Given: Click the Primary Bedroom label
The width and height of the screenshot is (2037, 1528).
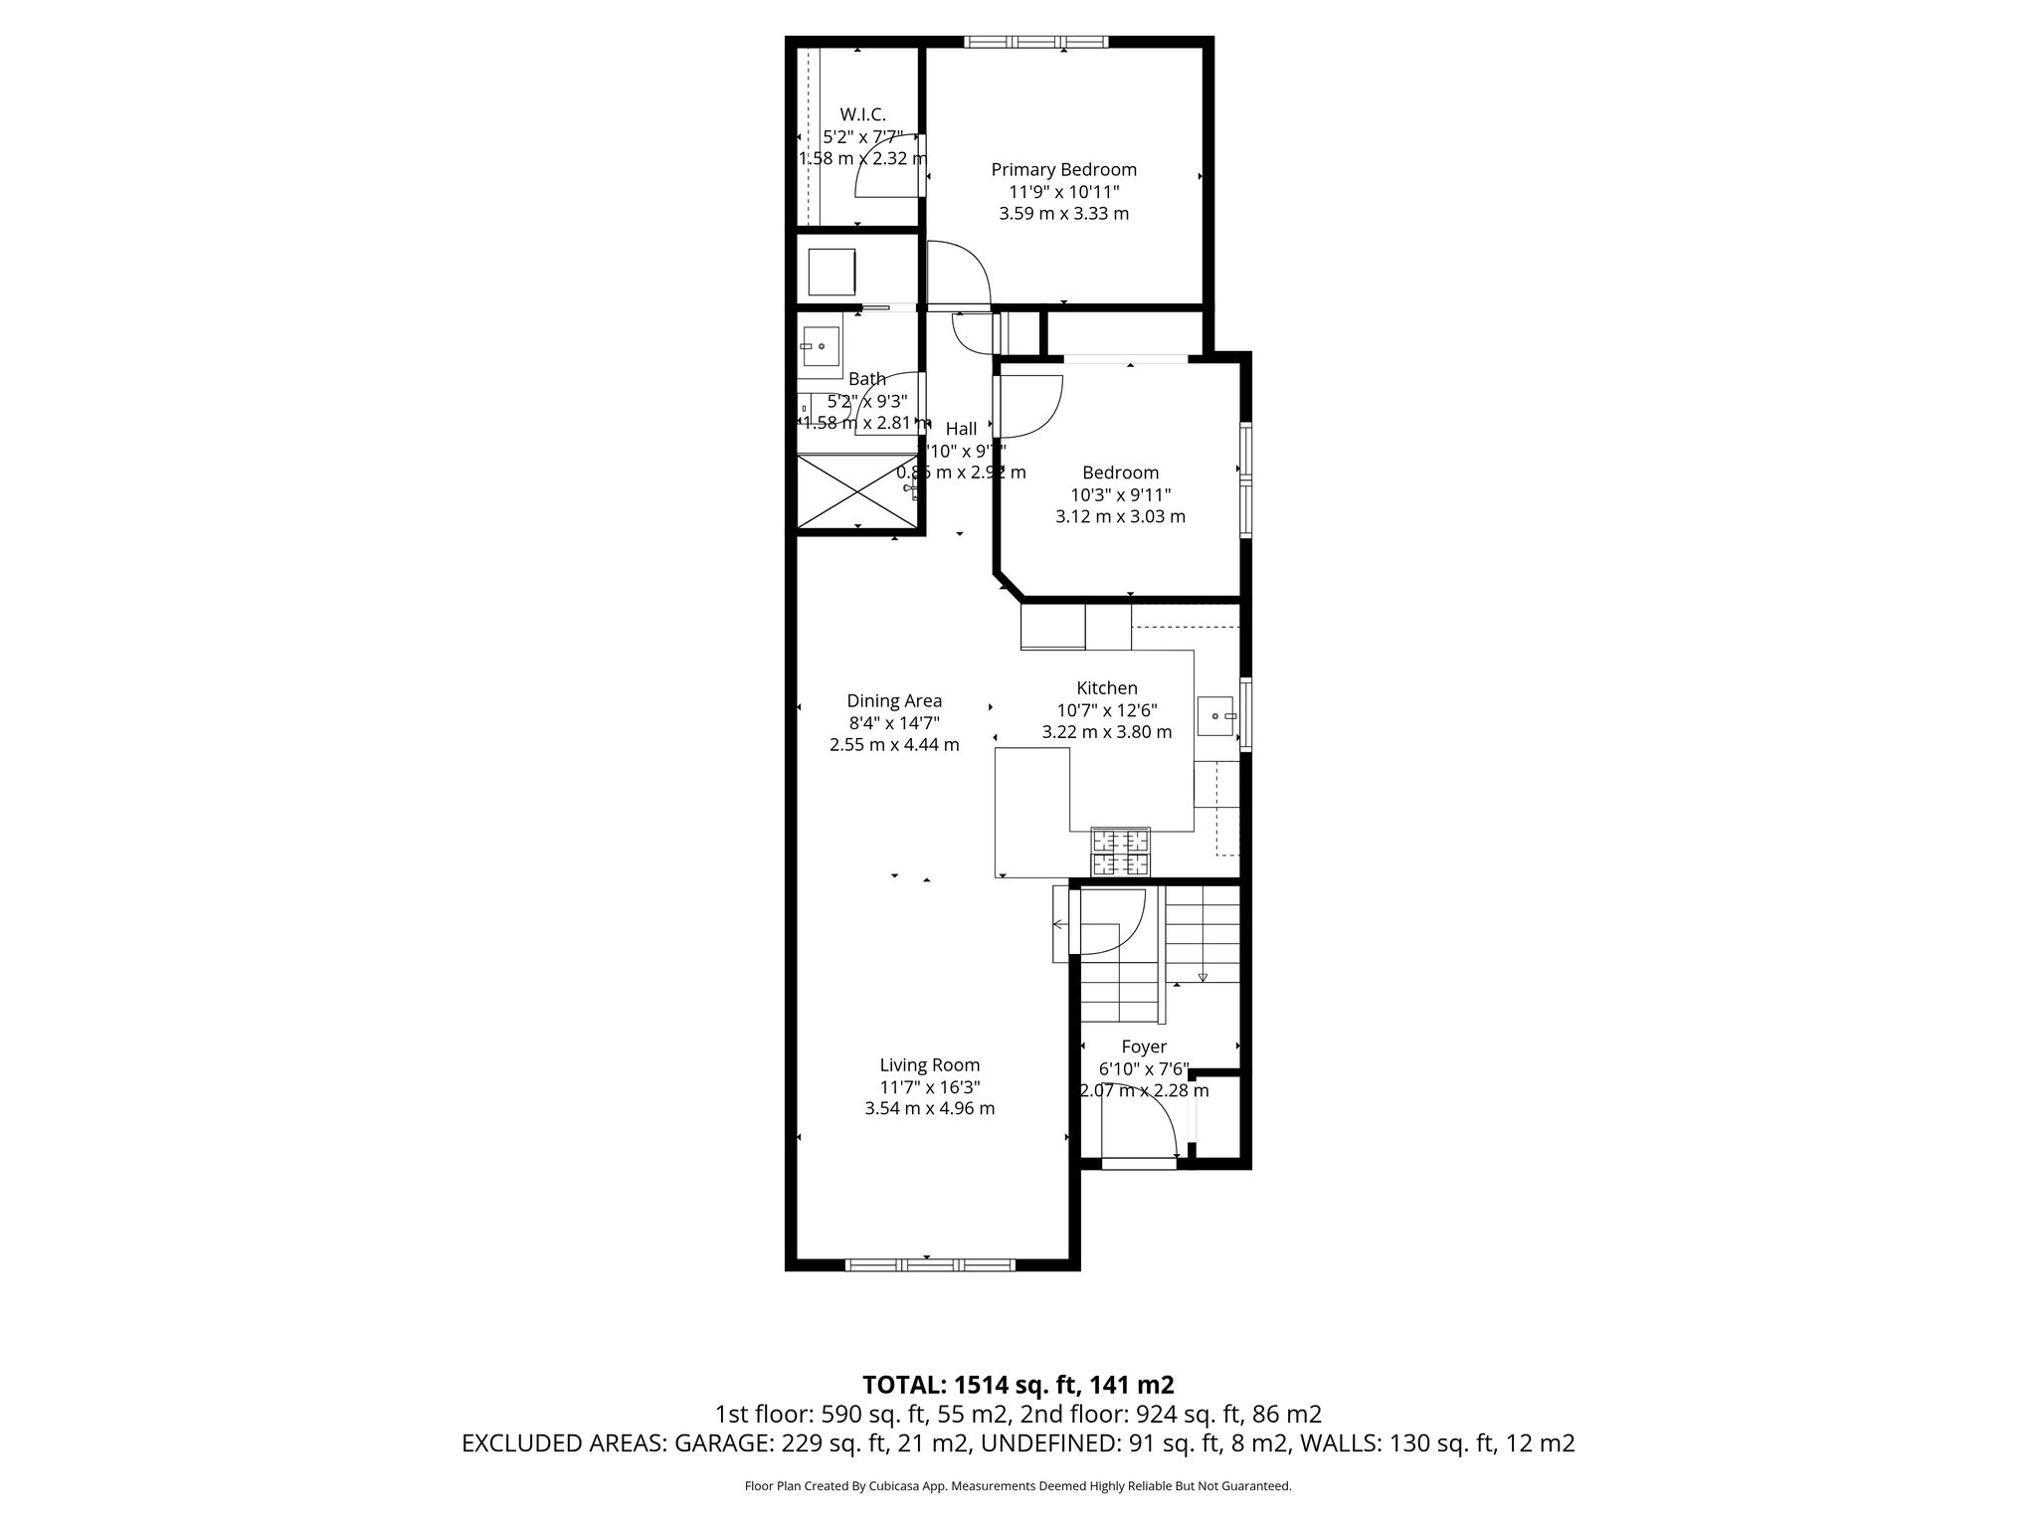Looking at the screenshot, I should pyautogui.click(x=1063, y=170).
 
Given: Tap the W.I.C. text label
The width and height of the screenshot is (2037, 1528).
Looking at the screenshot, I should pyautogui.click(x=862, y=114).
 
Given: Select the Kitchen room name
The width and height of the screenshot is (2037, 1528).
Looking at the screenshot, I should pyautogui.click(x=1106, y=688).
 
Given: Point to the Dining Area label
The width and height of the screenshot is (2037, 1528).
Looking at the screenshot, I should pyautogui.click(x=894, y=701).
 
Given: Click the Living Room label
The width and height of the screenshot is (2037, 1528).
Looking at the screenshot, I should pyautogui.click(x=929, y=1065).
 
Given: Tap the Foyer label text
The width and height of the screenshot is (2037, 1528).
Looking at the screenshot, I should pyautogui.click(x=1143, y=1048).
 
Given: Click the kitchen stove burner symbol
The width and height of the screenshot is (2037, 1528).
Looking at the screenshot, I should pyautogui.click(x=1121, y=852).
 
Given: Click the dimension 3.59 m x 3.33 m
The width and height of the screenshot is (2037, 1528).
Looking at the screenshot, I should pyautogui.click(x=1063, y=214).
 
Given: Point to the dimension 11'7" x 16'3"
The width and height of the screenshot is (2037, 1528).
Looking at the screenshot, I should pyautogui.click(x=929, y=1087).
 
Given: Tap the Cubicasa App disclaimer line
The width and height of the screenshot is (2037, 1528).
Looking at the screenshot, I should pyautogui.click(x=1018, y=1486).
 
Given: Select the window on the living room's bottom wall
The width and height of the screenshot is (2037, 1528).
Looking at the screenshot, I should pyautogui.click(x=929, y=1264).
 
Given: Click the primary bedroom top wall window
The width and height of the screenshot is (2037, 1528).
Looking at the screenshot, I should pyautogui.click(x=1034, y=42).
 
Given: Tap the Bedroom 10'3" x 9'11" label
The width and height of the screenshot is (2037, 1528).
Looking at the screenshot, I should pyautogui.click(x=1120, y=494).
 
